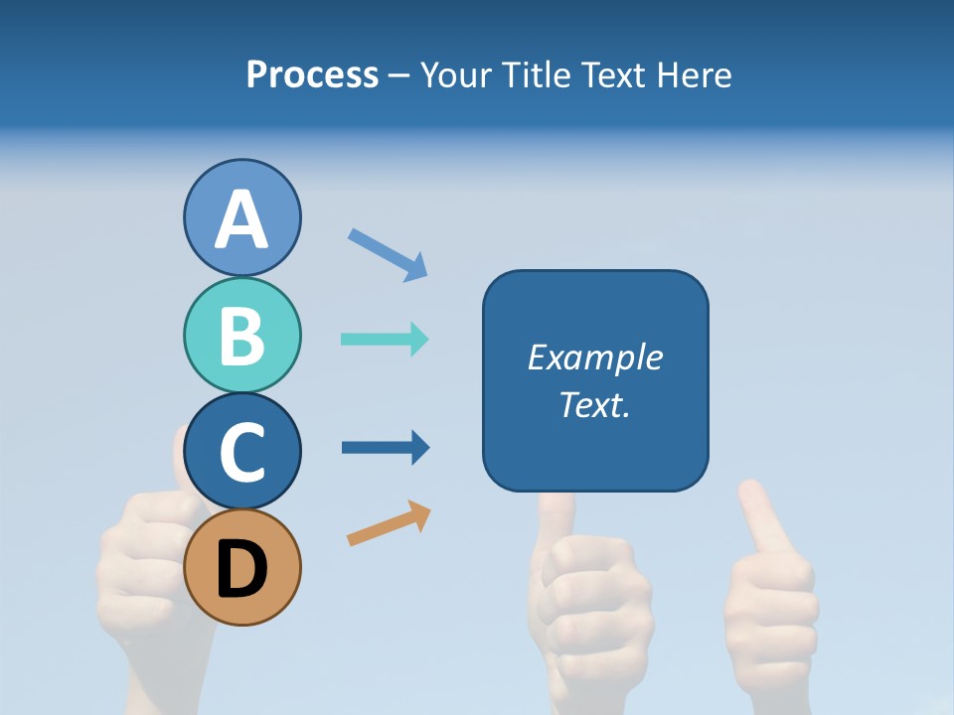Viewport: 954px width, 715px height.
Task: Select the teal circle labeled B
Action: click(x=241, y=335)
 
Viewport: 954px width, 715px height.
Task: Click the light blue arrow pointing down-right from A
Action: click(x=388, y=254)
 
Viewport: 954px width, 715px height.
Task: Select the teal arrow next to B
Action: click(x=385, y=339)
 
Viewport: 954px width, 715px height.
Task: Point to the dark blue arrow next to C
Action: click(x=386, y=447)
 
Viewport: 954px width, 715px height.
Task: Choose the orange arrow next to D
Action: click(x=389, y=523)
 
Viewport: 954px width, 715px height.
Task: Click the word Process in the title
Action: click(x=312, y=74)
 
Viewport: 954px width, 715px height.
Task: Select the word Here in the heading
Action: click(x=695, y=74)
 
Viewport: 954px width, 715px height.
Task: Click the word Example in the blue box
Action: click(x=594, y=357)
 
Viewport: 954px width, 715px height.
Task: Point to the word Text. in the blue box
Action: click(x=594, y=404)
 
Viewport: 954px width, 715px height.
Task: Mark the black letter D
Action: click(x=241, y=571)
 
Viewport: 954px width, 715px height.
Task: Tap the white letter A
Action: click(x=241, y=219)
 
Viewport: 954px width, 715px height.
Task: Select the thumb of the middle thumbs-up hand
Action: click(x=556, y=516)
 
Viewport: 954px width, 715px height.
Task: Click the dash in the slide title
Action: click(x=399, y=76)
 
